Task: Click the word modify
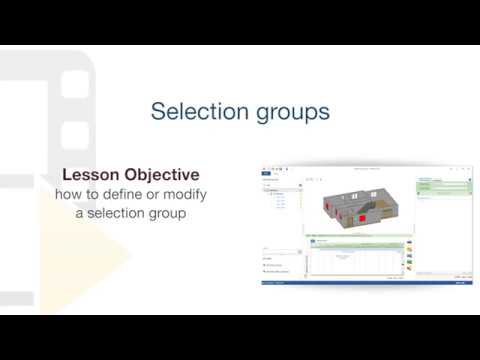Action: pyautogui.click(x=185, y=193)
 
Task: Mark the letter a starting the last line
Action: pyautogui.click(x=79, y=212)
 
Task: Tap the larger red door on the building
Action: pyautogui.click(x=358, y=219)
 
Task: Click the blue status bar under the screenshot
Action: pyautogui.click(x=365, y=283)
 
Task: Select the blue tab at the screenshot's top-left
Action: pyautogui.click(x=266, y=173)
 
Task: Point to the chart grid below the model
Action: pyautogui.click(x=355, y=261)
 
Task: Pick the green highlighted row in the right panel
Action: pyautogui.click(x=442, y=186)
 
